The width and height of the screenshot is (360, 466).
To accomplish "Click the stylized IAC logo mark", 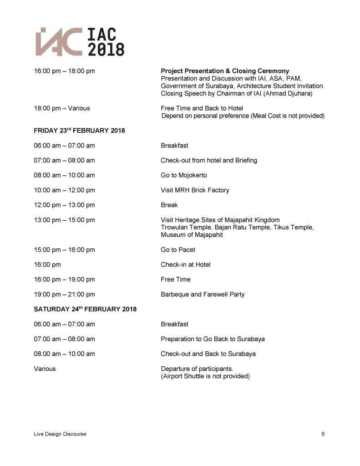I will (59, 42).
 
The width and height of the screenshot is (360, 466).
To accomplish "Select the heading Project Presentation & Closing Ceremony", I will (225, 71).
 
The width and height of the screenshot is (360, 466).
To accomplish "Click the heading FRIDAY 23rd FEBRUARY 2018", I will (79, 131).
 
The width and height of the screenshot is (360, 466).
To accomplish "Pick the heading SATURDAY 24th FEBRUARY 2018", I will (85, 309).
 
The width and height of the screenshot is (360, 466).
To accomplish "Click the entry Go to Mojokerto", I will (183, 175).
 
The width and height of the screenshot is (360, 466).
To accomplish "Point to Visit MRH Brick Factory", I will (195, 190).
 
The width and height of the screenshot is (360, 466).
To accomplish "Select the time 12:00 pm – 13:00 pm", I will (64, 205).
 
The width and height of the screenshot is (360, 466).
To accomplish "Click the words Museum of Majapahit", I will (192, 235).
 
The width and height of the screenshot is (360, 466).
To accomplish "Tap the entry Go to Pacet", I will (178, 250).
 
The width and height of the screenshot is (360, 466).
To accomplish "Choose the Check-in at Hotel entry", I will (185, 264).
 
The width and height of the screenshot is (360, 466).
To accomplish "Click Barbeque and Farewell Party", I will (203, 294).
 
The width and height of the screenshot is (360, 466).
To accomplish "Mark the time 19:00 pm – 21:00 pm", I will (64, 294).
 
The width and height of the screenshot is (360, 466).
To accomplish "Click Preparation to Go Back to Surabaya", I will (213, 339).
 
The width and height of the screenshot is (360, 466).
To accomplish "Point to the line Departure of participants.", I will (197, 369).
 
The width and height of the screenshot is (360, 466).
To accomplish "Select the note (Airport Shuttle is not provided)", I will (205, 376).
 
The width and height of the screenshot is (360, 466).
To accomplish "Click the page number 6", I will (323, 434).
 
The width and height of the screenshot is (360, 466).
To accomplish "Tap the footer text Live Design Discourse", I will (60, 434).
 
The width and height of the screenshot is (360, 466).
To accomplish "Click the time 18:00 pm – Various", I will (62, 108).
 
